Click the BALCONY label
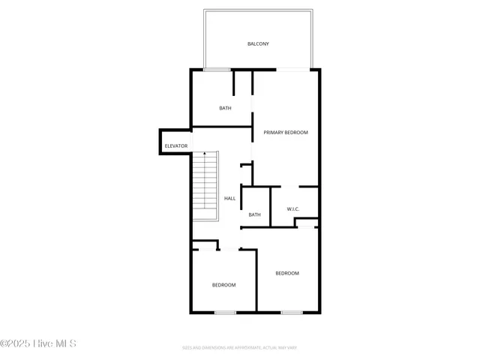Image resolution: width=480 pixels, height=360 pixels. (x=258, y=44)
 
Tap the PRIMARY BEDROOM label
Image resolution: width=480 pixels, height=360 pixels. (x=286, y=132)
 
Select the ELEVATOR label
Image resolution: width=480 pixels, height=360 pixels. (x=176, y=145)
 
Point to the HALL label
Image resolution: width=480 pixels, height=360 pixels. (x=230, y=199)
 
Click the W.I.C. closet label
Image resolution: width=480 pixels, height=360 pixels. (x=294, y=209)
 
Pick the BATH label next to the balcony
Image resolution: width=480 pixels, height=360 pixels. (x=225, y=108)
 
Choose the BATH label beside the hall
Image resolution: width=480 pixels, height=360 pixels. (x=254, y=215)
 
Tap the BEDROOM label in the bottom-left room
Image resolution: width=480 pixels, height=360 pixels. (x=223, y=285)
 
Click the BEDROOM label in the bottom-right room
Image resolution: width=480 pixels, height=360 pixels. (x=287, y=273)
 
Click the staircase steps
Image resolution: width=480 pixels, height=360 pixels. (x=205, y=187)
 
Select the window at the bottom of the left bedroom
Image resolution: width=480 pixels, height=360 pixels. (x=225, y=312)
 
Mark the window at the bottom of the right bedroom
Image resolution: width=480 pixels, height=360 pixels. (x=292, y=312)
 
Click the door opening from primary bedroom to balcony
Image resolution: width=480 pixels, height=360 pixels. (x=293, y=70)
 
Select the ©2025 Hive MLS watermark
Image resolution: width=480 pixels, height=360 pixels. (x=38, y=344)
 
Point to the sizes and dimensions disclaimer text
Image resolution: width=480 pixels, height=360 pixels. (x=240, y=348)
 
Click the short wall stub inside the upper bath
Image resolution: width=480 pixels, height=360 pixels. (x=234, y=82)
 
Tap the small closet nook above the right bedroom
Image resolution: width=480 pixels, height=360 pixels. (x=307, y=223)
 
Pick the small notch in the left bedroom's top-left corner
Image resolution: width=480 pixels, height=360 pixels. (x=196, y=244)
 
